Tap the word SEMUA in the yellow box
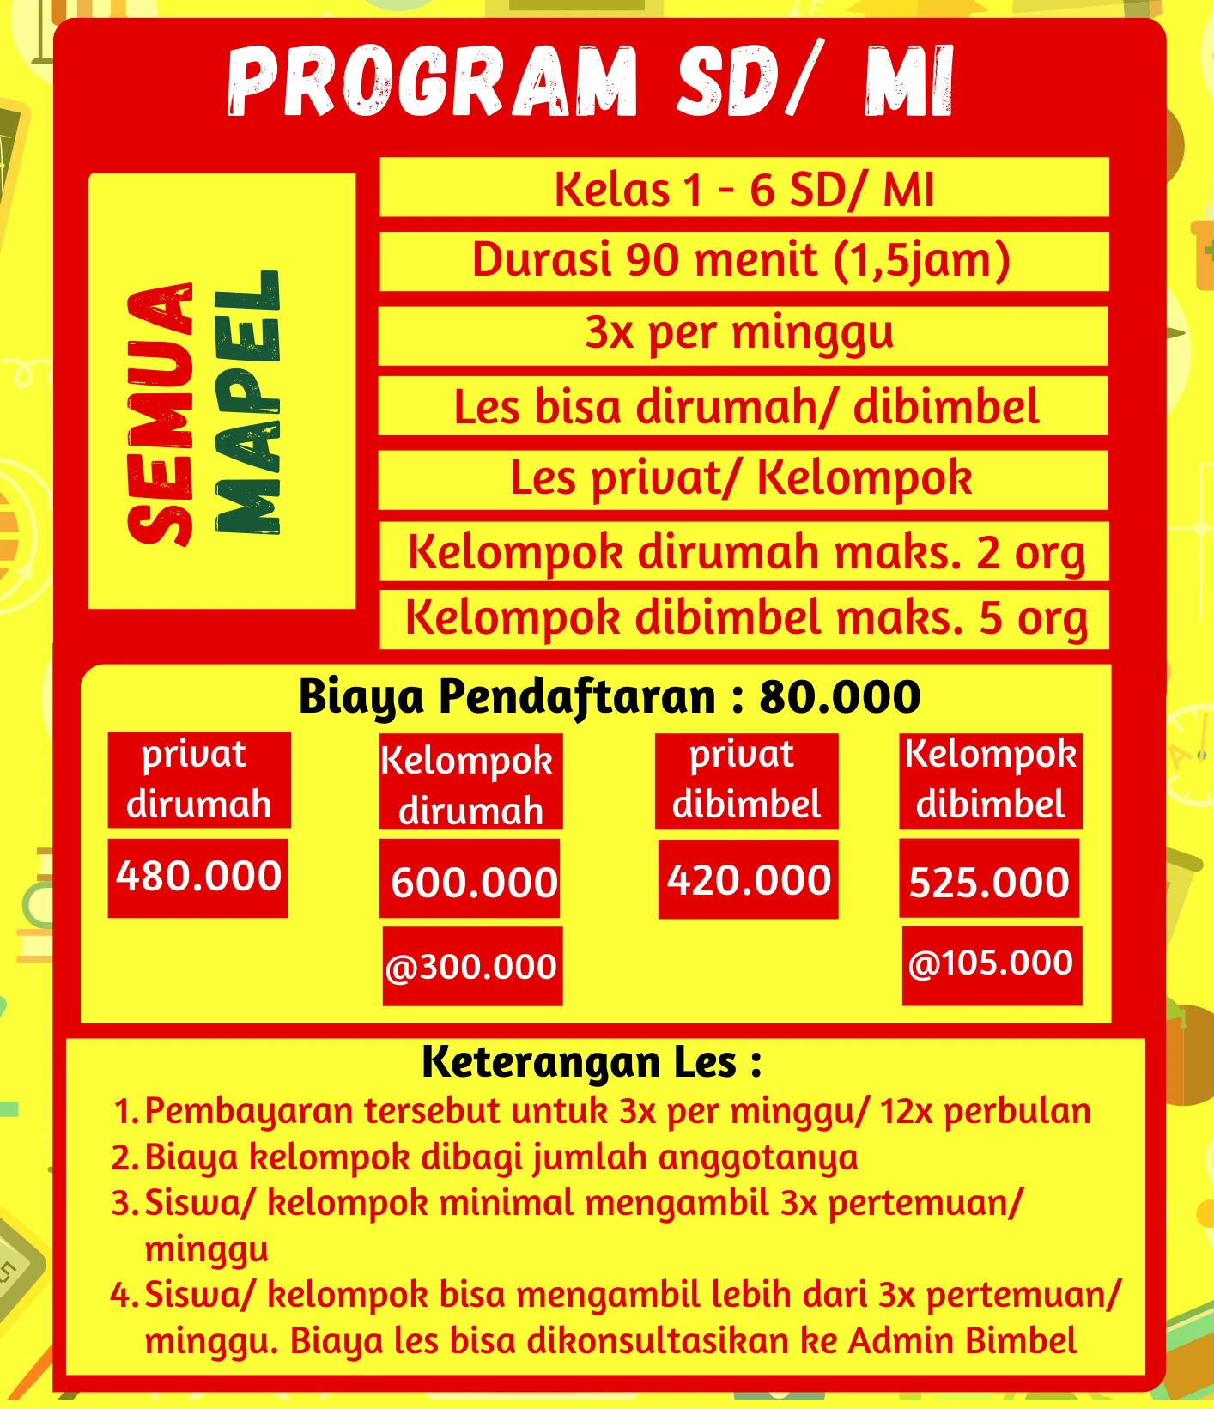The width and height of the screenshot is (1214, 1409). coord(160,412)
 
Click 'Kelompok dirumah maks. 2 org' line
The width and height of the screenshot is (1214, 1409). coord(745,552)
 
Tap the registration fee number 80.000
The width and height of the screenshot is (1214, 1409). coord(840,696)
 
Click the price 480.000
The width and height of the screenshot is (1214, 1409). coord(198,877)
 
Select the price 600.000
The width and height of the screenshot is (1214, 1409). coord(472,882)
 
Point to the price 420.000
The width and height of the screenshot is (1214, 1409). coord(749,880)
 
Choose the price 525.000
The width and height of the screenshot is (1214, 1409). coord(989,882)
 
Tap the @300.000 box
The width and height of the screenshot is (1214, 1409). coord(472,967)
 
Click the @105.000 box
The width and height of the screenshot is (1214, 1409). coord(991,963)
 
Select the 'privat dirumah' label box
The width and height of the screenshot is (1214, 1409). coord(198,780)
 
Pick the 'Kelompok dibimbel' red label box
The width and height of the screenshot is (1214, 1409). coord(991,780)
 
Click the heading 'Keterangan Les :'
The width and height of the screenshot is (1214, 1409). coord(592,1062)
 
